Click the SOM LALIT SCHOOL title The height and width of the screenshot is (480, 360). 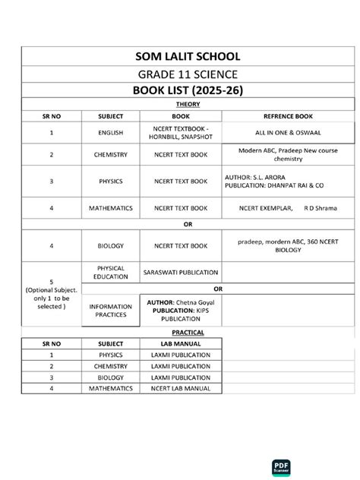tap(180, 56)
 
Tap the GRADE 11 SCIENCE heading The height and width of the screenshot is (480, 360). tap(180, 74)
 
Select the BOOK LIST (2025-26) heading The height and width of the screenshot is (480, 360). tap(180, 91)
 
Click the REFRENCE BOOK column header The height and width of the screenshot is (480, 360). tap(278, 116)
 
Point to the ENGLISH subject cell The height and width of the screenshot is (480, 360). tap(111, 132)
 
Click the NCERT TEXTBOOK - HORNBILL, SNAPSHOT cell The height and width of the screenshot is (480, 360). tap(181, 132)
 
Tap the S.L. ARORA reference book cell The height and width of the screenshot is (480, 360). tap(278, 181)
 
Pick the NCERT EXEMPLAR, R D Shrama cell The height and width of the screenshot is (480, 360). tap(278, 207)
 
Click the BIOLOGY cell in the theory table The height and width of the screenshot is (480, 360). tap(111, 246)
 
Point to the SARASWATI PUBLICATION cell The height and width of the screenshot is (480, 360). tap(181, 272)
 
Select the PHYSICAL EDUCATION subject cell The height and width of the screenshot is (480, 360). tap(111, 272)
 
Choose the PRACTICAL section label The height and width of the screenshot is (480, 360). tap(180, 333)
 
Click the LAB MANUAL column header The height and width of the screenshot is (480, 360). tap(181, 343)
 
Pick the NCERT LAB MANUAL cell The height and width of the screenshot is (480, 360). tap(181, 387)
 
